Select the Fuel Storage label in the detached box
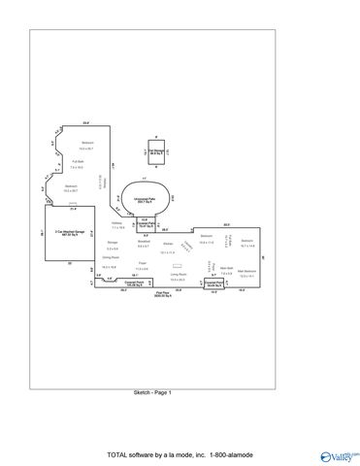point(153,150)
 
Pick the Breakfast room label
point(144,243)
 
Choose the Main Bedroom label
point(249,271)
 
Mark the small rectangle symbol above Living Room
point(177,265)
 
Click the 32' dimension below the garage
point(70,262)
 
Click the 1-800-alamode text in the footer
point(228,453)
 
